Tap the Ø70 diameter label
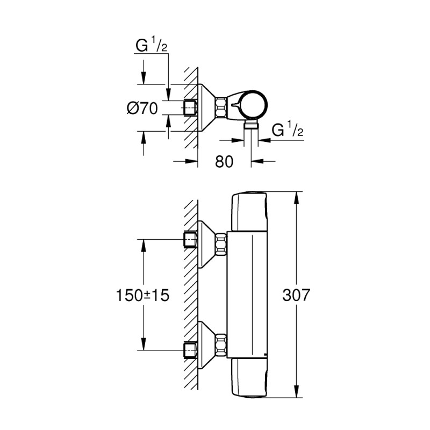pyautogui.click(x=142, y=108)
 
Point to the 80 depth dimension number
pyautogui.click(x=224, y=161)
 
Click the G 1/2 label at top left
pyautogui.click(x=151, y=46)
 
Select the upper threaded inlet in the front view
pyautogui.click(x=190, y=239)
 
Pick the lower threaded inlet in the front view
pyautogui.click(x=190, y=350)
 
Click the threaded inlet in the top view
pyautogui.click(x=189, y=107)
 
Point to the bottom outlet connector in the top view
pyautogui.click(x=250, y=125)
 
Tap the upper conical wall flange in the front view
pyautogui.click(x=206, y=243)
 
